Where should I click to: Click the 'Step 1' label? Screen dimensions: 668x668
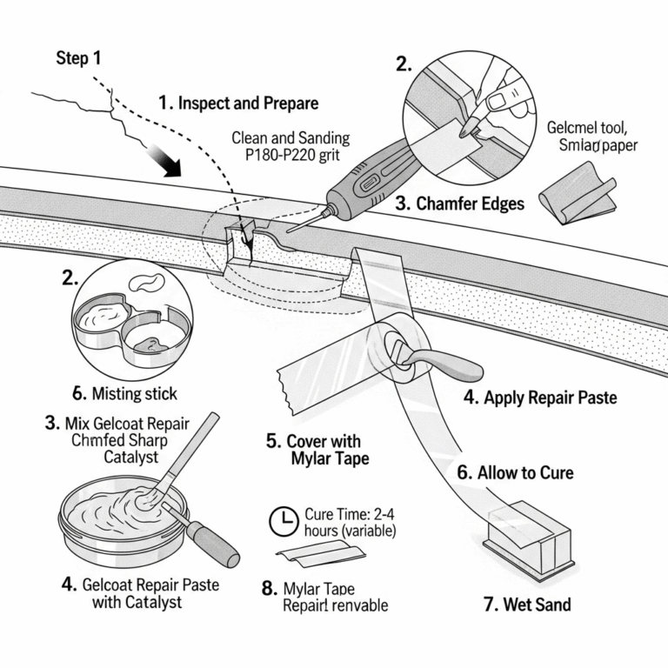(x=78, y=58)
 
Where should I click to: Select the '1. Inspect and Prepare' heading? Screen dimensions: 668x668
(x=238, y=103)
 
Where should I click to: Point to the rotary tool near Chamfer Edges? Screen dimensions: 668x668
(x=365, y=174)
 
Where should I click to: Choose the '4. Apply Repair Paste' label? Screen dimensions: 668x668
(x=539, y=397)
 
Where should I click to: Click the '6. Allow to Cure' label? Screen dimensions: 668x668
(x=527, y=473)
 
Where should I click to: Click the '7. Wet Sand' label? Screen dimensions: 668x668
(x=527, y=604)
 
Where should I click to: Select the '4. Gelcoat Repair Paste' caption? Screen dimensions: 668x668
(x=140, y=584)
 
